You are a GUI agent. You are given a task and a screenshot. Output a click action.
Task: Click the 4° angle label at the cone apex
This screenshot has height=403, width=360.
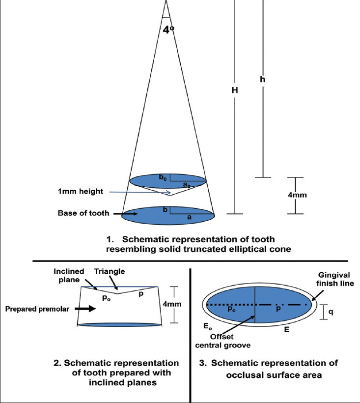(x=168, y=29)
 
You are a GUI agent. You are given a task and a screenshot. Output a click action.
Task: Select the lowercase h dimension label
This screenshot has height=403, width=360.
(x=264, y=79)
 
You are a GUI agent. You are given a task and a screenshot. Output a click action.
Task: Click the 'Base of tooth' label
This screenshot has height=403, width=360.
(x=83, y=213)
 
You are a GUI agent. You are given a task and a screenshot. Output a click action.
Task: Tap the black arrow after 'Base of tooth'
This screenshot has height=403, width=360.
(x=114, y=214)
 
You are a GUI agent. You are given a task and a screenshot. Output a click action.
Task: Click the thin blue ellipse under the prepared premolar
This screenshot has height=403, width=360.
(x=120, y=325)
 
